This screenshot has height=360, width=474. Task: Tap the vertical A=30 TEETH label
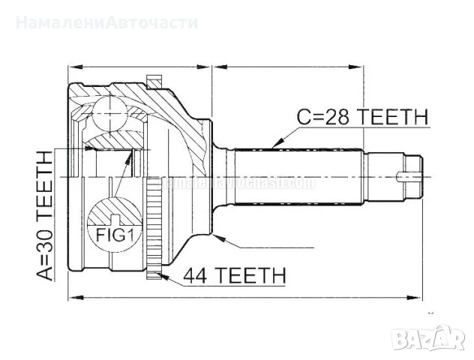point(45,214)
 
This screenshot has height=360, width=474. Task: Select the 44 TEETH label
point(234,276)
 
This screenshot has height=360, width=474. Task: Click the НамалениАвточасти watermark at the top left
point(105,22)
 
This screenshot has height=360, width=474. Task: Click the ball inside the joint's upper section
point(110,112)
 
